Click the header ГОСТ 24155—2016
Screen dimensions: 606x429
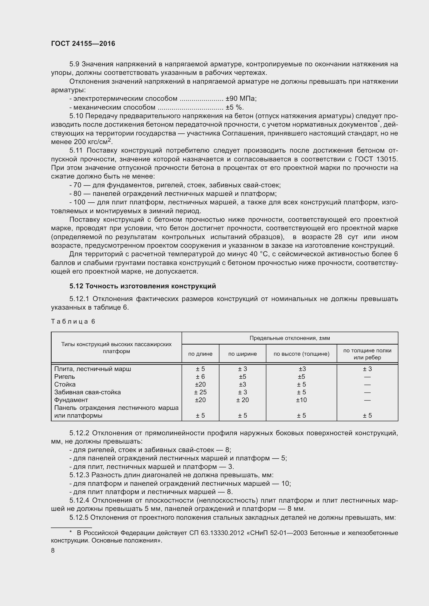83,44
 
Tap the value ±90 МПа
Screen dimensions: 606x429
241,99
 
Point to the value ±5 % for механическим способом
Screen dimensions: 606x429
234,108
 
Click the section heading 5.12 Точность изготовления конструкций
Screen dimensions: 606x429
143,286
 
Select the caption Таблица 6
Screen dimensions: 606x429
73,321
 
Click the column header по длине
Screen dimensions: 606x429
200,354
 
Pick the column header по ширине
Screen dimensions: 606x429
243,354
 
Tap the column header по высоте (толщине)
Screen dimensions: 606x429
301,354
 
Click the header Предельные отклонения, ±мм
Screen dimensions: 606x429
290,338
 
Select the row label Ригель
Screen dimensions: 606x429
65,377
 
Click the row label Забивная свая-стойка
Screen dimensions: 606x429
87,392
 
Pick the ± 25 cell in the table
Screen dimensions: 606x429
200,392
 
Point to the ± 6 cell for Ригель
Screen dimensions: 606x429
200,377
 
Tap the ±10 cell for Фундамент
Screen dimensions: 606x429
301,400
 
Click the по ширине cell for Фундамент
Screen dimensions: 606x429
243,400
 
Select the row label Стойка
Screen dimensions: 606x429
65,384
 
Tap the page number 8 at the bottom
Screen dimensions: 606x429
53,550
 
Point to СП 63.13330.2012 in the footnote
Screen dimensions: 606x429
217,533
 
